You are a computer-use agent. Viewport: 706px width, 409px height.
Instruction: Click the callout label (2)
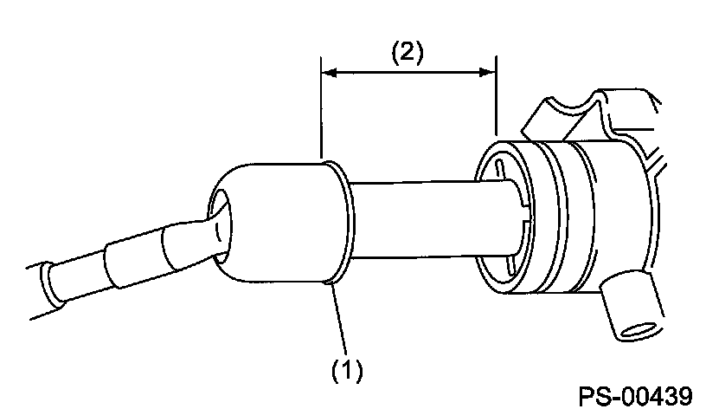click(407, 53)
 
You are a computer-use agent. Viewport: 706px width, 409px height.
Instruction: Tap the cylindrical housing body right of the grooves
click(610, 217)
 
